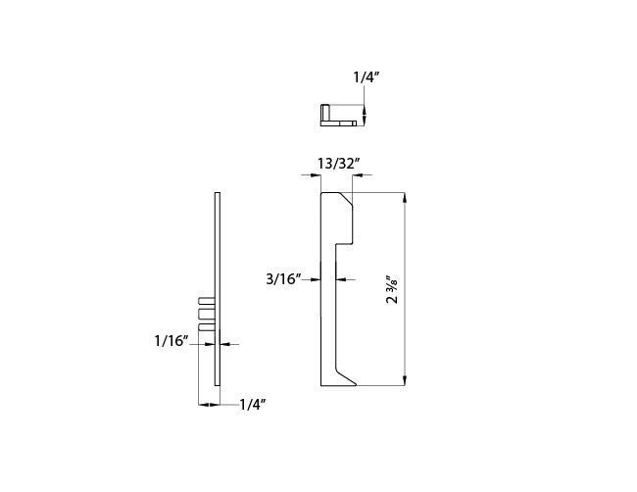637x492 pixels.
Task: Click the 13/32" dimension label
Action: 338,164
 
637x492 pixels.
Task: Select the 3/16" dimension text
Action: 283,279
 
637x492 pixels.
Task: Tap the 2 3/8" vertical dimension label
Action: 392,289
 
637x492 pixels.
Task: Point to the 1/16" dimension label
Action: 171,341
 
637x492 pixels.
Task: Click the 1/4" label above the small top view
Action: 368,77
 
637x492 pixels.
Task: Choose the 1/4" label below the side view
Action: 253,404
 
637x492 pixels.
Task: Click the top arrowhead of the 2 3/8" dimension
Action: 404,197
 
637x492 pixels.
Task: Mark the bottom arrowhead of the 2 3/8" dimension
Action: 404,380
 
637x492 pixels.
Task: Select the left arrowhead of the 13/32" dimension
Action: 316,175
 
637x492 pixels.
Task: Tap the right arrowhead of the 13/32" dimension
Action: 358,175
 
